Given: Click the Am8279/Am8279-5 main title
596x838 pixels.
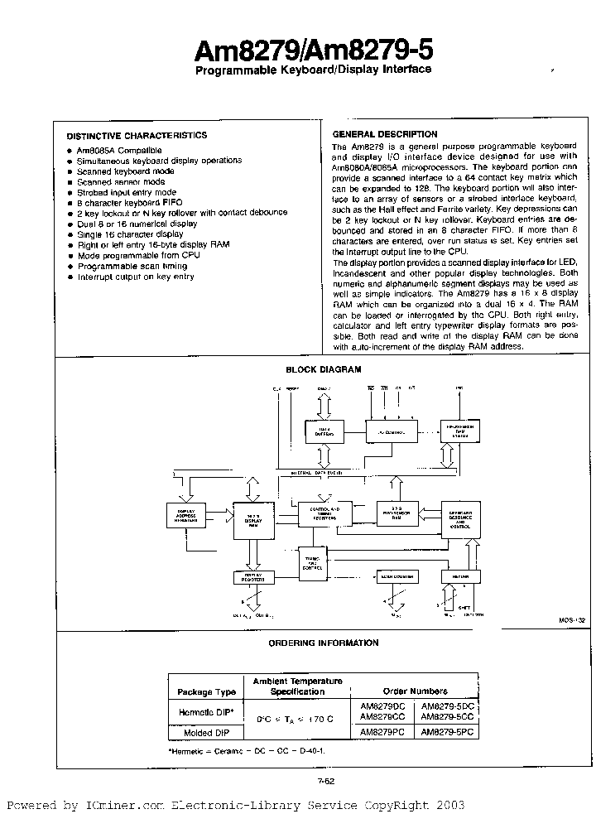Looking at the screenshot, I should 313,51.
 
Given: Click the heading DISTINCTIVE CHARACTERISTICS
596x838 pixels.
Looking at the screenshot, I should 137,135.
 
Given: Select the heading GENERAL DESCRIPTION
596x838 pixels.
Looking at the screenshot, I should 384,134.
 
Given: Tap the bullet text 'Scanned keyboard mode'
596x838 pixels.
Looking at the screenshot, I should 125,171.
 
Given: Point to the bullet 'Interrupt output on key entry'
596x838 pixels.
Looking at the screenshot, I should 135,277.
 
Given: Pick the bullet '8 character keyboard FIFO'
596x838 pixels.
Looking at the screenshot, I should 129,203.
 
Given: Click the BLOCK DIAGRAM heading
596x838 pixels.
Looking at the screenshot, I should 324,370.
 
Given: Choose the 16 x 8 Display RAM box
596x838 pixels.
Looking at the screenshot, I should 253,518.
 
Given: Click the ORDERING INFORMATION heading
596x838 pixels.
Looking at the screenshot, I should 324,643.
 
